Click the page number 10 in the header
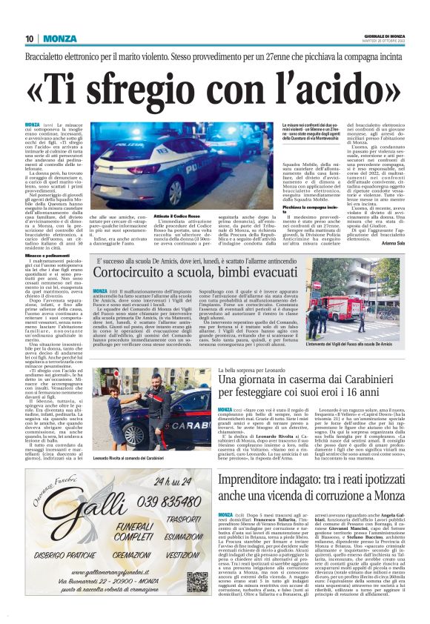30,39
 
